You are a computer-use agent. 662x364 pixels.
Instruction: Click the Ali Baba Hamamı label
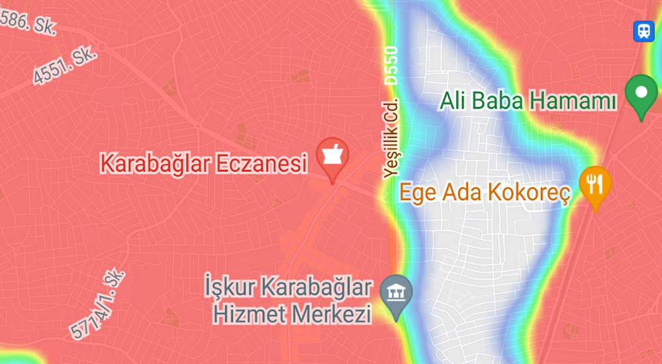tap(529, 101)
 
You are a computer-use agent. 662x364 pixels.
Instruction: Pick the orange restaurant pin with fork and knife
tap(595, 183)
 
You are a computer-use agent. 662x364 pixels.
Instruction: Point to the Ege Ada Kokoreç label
tap(485, 193)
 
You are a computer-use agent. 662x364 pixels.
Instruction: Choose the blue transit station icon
tap(643, 30)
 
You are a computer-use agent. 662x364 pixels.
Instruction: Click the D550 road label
tap(392, 65)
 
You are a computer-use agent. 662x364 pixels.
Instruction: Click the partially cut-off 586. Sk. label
tap(28, 23)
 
